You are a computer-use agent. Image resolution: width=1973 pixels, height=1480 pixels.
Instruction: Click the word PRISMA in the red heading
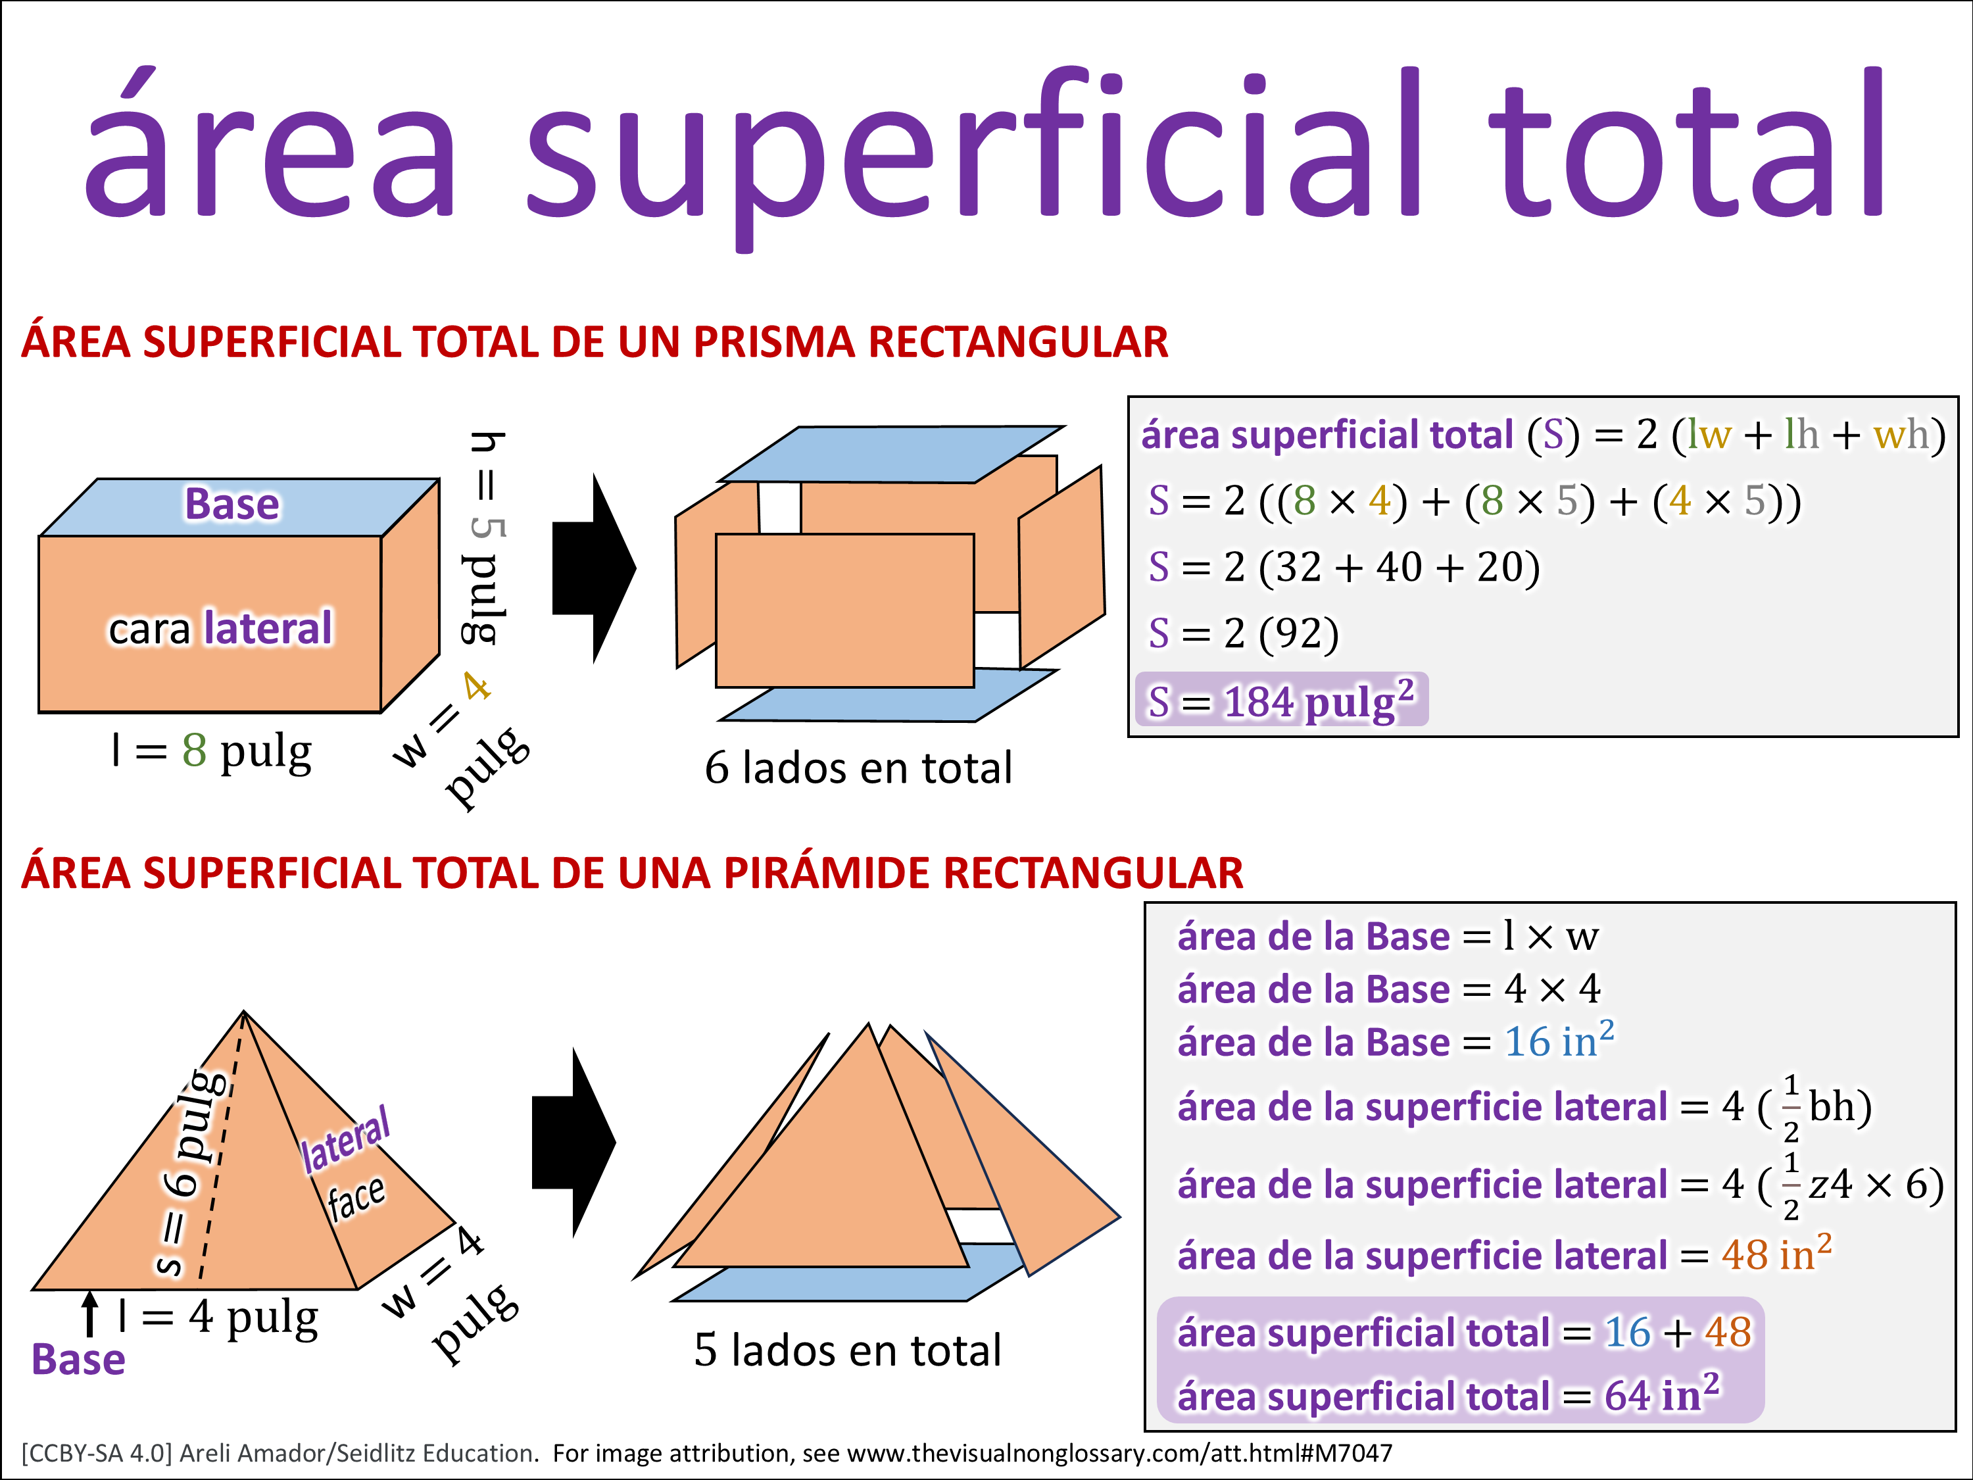point(774,341)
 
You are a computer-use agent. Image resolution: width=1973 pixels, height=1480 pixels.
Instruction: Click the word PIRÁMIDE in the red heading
point(827,872)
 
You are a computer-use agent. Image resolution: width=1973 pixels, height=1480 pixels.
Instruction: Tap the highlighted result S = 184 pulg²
point(1281,701)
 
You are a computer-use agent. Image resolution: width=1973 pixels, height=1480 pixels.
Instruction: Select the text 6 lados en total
point(858,767)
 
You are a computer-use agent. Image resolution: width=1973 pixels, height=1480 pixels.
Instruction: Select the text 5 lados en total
point(847,1350)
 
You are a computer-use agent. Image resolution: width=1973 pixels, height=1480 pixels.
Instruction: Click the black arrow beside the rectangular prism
point(594,568)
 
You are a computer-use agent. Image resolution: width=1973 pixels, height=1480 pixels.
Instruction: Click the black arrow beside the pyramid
point(573,1143)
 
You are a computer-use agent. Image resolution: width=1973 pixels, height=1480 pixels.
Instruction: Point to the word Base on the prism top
point(232,504)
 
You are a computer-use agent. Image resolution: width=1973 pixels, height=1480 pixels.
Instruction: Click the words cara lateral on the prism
point(220,628)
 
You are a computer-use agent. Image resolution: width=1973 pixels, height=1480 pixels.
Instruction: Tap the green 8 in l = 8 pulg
point(195,751)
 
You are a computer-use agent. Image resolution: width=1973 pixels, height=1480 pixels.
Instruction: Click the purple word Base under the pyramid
point(78,1360)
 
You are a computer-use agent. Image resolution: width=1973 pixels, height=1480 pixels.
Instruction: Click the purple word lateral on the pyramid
point(345,1140)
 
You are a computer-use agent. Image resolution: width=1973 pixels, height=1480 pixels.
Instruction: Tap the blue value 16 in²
point(1559,1040)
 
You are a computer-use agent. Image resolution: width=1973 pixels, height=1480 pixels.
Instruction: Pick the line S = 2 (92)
point(1244,633)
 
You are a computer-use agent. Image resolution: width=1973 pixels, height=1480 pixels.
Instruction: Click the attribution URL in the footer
point(1119,1453)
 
